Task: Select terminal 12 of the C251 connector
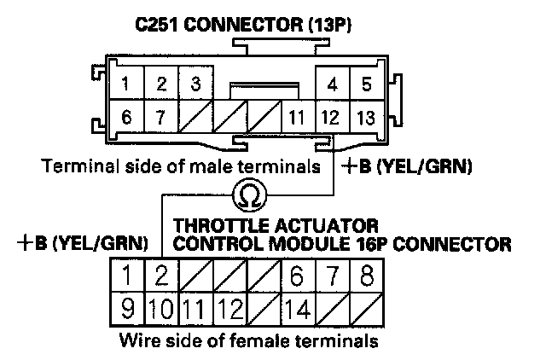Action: tap(331, 118)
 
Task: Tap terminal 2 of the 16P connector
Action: tap(160, 276)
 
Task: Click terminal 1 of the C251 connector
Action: tap(126, 84)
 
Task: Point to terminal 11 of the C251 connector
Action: tap(296, 118)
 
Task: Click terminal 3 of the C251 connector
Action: tap(196, 84)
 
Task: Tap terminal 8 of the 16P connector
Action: tap(365, 276)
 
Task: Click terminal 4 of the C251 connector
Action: tap(332, 84)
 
